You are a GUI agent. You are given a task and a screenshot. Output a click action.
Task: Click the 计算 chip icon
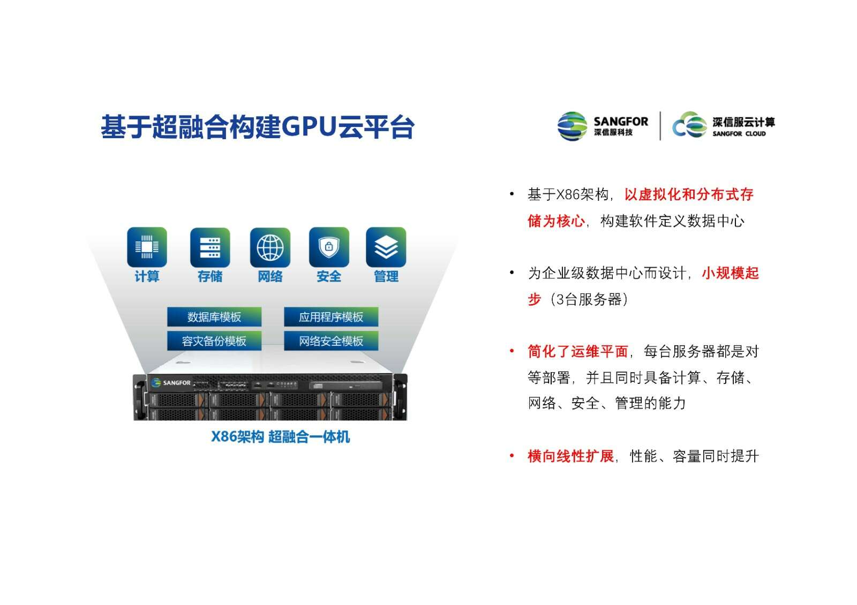coord(147,247)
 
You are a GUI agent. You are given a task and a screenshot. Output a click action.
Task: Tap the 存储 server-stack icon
coord(210,247)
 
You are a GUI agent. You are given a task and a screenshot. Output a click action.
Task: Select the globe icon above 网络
coord(270,247)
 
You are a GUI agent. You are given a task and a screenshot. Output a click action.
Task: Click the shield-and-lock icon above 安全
coord(329,247)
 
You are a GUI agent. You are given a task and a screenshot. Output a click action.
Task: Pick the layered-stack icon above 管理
coord(386,247)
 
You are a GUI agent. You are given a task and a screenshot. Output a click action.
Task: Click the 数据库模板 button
coord(214,316)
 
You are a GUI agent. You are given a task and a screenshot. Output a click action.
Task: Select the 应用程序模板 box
coord(331,316)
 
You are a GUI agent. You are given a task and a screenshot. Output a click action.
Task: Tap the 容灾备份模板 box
coord(214,341)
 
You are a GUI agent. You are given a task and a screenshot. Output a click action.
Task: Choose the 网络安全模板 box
coord(331,341)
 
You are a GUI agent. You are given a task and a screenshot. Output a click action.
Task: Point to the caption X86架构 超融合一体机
coord(281,436)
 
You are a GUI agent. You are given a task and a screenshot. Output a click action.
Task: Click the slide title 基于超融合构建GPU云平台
coord(258,126)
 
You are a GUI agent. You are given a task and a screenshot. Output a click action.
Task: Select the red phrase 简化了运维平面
coord(578,351)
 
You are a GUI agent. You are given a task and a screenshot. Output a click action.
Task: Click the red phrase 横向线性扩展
coord(571,456)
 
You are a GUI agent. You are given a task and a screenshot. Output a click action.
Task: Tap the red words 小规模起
coord(731,273)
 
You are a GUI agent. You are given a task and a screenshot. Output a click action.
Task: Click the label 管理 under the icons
coord(386,276)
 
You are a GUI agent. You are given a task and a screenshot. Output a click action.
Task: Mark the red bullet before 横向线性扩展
coord(512,456)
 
